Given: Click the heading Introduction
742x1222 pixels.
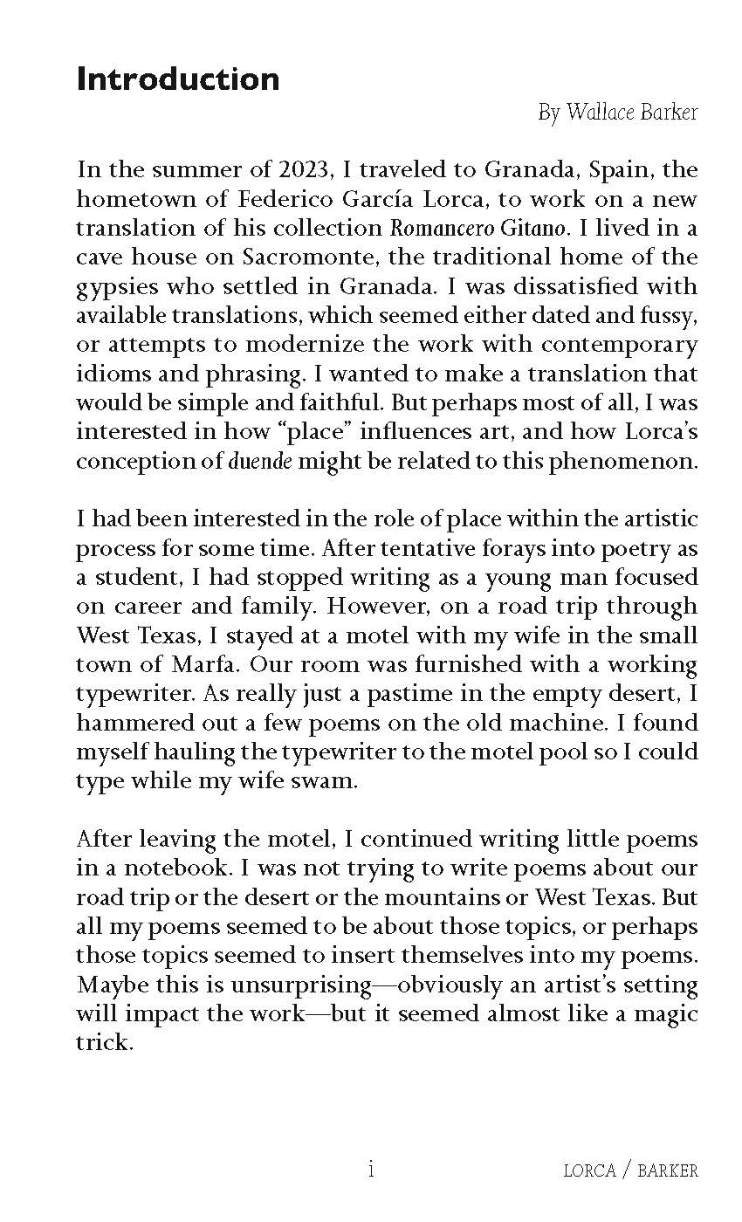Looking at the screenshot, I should pyautogui.click(x=178, y=79).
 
